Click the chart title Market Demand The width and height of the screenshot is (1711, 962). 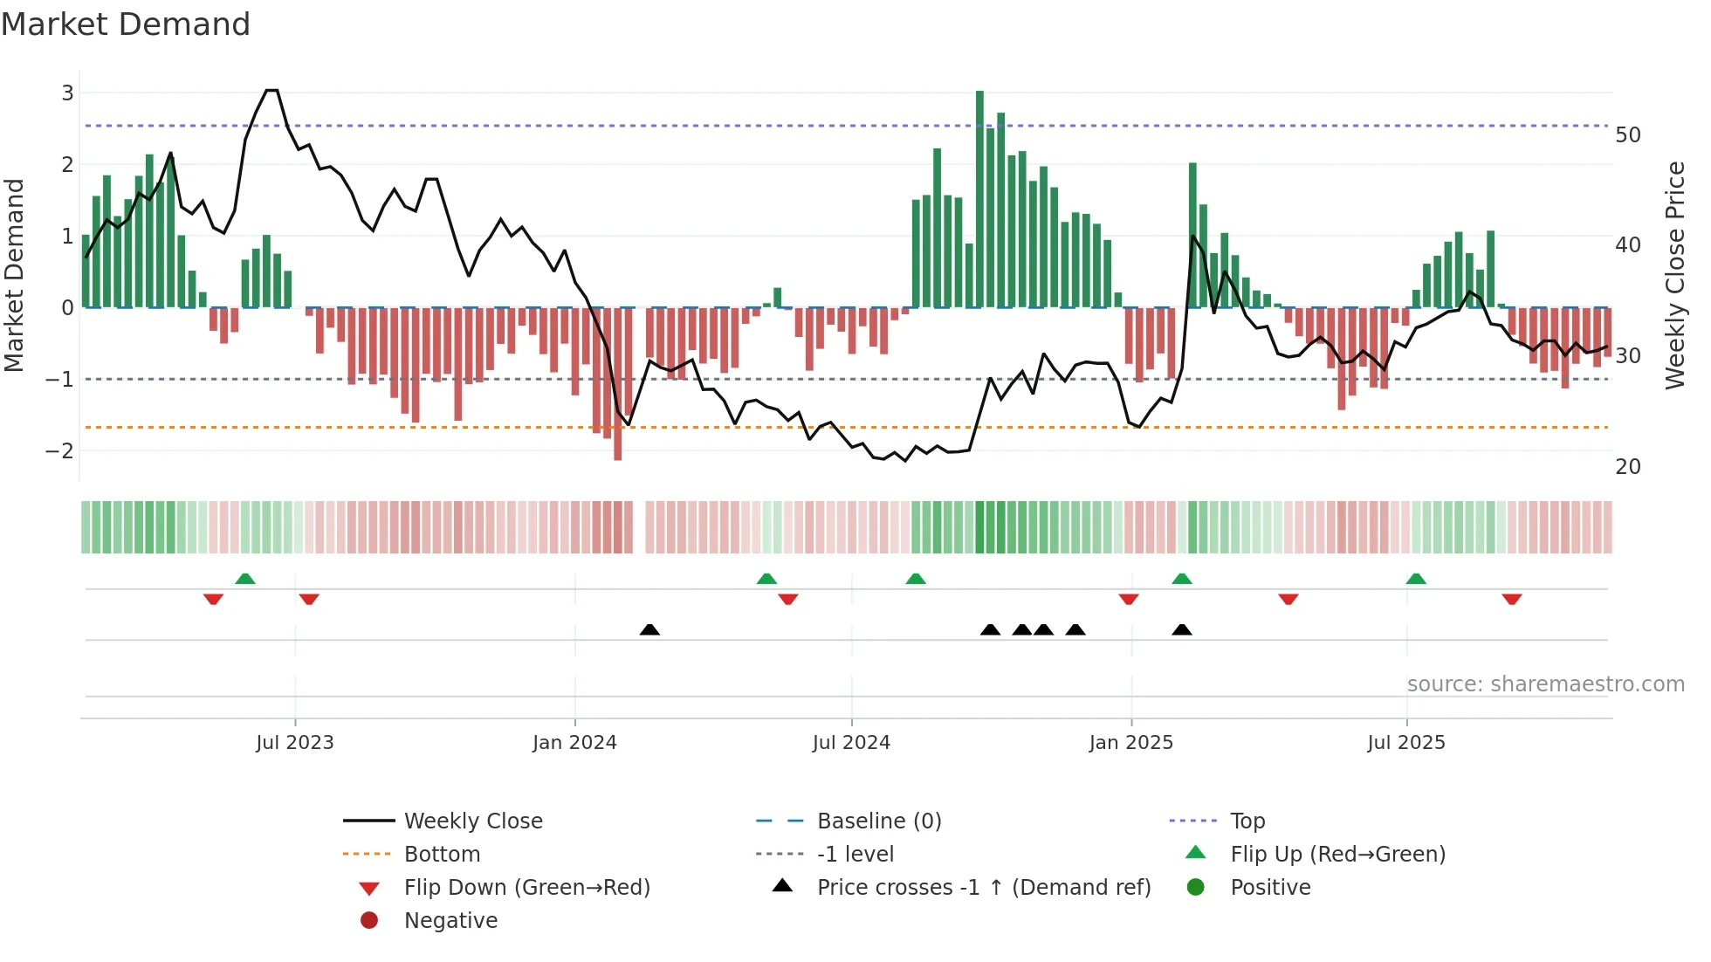click(126, 24)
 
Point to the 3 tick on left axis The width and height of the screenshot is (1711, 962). click(67, 93)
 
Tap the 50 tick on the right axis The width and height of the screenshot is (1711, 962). click(1627, 134)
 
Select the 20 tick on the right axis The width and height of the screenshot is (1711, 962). click(1627, 466)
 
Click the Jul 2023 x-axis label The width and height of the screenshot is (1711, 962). click(295, 742)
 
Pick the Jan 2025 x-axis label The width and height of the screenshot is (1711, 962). click(1130, 742)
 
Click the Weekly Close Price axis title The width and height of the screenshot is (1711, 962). click(1674, 275)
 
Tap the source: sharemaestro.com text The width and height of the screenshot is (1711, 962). click(1545, 684)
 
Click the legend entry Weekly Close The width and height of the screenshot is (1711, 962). click(472, 821)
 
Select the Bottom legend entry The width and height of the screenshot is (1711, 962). click(442, 854)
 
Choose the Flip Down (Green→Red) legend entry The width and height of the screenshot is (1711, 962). click(526, 887)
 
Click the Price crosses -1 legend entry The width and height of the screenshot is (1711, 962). click(983, 887)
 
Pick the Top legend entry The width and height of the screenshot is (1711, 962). click(1247, 821)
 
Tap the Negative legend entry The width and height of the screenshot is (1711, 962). click(450, 920)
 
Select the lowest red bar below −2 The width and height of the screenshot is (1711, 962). click(618, 384)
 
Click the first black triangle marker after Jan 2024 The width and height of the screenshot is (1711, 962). click(649, 629)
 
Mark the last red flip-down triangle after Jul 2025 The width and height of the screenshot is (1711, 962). click(1512, 599)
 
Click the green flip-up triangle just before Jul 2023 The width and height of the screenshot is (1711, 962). click(245, 579)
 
